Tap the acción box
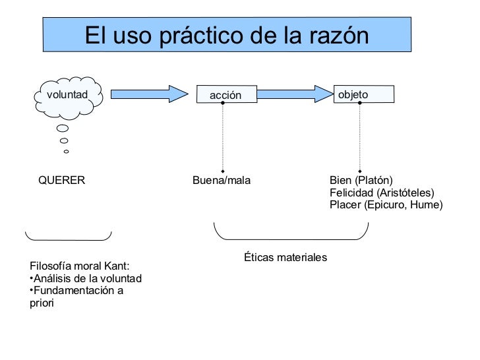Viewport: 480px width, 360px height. [x=225, y=96]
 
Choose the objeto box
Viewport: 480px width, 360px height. [x=363, y=94]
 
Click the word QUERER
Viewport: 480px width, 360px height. [x=61, y=180]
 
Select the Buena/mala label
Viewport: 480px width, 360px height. [x=221, y=180]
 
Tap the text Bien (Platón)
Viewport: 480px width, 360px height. [x=361, y=180]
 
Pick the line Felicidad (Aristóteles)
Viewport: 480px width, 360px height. [x=382, y=193]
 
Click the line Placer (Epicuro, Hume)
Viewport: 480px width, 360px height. [x=386, y=205]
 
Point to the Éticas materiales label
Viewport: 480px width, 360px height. [x=285, y=257]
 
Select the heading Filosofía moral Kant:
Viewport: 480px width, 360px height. [x=80, y=266]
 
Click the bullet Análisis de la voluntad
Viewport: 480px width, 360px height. [x=86, y=278]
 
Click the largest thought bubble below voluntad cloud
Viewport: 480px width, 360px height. [x=63, y=129]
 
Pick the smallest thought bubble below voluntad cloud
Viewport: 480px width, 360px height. [x=66, y=152]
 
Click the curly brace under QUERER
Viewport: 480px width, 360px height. [x=68, y=236]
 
